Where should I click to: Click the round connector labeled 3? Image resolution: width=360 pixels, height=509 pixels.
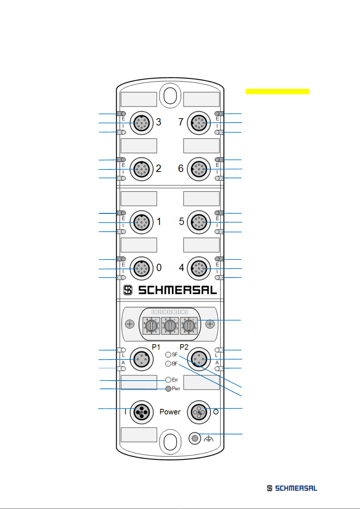click(141, 123)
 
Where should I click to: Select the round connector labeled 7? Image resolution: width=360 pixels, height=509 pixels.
click(199, 123)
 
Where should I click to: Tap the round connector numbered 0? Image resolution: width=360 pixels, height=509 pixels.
click(141, 268)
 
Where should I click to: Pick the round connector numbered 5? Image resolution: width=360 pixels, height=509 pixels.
click(199, 222)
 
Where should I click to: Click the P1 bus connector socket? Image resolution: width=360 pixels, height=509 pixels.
click(141, 359)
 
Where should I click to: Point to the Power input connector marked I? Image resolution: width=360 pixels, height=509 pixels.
click(141, 412)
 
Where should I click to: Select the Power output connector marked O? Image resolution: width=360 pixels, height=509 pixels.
click(199, 412)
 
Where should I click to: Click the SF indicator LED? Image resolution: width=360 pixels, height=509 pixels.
click(168, 355)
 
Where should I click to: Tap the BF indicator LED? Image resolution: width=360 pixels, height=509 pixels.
click(168, 364)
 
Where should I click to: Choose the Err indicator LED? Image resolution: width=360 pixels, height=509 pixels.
click(168, 380)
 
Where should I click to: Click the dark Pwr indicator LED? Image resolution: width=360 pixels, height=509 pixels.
click(168, 389)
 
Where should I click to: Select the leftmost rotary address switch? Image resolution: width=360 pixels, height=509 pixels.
click(151, 326)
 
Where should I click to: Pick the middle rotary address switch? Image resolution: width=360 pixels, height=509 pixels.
click(170, 326)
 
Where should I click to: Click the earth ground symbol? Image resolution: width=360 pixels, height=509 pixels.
click(209, 439)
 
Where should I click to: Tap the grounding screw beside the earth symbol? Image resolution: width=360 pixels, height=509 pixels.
click(195, 438)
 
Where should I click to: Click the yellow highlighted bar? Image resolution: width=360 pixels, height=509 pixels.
click(277, 92)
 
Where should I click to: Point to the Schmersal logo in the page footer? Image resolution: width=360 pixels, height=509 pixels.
click(292, 488)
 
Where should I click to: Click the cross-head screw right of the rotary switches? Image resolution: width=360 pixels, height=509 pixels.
click(210, 324)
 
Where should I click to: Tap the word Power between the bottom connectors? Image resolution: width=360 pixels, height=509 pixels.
click(170, 412)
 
